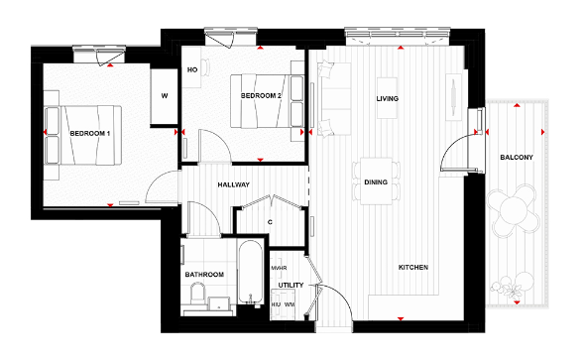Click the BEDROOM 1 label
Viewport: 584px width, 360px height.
point(89,131)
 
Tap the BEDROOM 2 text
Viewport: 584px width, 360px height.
point(262,95)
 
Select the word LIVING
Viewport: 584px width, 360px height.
point(387,99)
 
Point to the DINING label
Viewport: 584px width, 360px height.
point(376,182)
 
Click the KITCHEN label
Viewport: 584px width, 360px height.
point(413,269)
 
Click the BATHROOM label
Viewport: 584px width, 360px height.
point(204,274)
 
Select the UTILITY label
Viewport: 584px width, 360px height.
point(291,285)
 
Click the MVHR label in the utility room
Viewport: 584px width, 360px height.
point(279,268)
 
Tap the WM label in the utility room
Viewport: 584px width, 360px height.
point(290,304)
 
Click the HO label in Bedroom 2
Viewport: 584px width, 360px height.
point(192,70)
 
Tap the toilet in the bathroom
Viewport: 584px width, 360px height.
point(196,293)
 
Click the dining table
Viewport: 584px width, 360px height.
point(376,181)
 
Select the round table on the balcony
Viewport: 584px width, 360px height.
point(514,211)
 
